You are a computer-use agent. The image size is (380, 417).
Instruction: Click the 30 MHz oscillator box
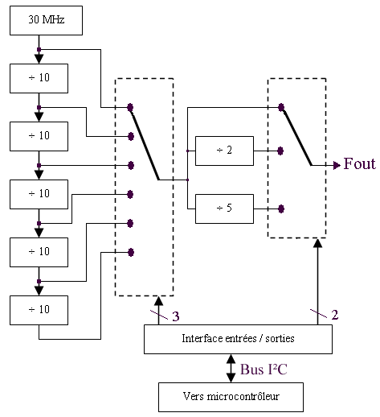pyautogui.click(x=46, y=20)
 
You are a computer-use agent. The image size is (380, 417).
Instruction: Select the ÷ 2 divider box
pyautogui.click(x=224, y=151)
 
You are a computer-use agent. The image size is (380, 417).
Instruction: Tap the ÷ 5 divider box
pyautogui.click(x=224, y=208)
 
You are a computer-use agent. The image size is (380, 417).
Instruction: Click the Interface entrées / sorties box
pyautogui.click(x=238, y=339)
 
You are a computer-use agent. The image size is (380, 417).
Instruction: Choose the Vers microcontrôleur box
pyautogui.click(x=231, y=397)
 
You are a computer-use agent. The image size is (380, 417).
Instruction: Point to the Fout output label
pyautogui.click(x=360, y=163)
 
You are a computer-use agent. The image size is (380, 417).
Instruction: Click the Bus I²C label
pyautogui.click(x=264, y=370)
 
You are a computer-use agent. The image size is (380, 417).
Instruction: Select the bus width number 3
pyautogui.click(x=176, y=316)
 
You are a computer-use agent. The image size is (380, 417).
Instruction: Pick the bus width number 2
pyautogui.click(x=335, y=315)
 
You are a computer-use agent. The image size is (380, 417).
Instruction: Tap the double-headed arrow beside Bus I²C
pyautogui.click(x=231, y=368)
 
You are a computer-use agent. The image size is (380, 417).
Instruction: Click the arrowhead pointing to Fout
pyautogui.click(x=337, y=165)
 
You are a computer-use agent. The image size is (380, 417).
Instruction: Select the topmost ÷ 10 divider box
pyautogui.click(x=39, y=78)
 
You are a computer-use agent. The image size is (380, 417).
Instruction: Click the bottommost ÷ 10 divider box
pyautogui.click(x=39, y=310)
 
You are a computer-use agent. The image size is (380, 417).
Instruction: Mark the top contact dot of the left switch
pyautogui.click(x=130, y=107)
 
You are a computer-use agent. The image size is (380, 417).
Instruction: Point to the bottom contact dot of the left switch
pyautogui.click(x=131, y=252)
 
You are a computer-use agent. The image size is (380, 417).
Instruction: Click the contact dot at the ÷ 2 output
pyautogui.click(x=280, y=151)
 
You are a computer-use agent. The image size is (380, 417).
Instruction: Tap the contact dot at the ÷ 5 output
pyautogui.click(x=281, y=208)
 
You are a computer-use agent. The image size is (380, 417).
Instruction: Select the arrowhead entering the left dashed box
pyautogui.click(x=158, y=300)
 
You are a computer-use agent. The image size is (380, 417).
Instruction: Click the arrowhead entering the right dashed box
pyautogui.click(x=317, y=242)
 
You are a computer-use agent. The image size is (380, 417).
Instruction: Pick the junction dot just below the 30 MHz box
pyautogui.click(x=39, y=49)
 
